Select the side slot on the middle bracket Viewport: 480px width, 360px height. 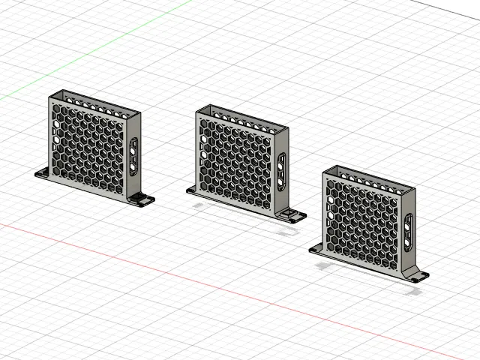point(281,171)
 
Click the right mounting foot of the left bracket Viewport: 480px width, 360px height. point(141,200)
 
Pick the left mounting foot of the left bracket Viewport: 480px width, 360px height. point(43,174)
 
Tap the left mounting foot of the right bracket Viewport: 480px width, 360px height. point(316,249)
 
